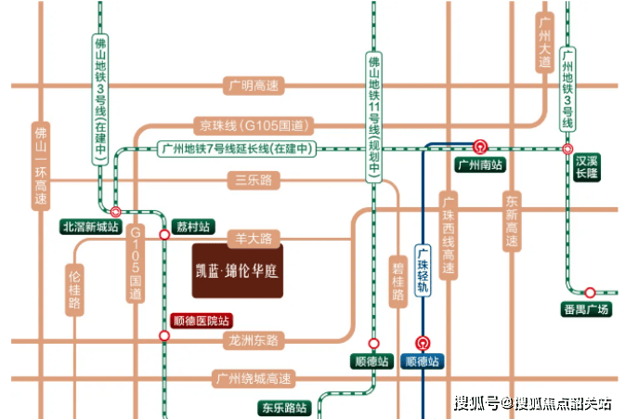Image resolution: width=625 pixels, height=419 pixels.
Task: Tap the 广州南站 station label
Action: [x=480, y=165]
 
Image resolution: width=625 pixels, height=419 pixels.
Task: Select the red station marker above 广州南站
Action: [x=480, y=146]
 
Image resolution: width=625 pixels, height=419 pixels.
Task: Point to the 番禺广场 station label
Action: [x=587, y=309]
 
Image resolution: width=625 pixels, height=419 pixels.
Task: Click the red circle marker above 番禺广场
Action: [x=590, y=292]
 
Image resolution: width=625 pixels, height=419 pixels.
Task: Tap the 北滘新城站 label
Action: [x=91, y=227]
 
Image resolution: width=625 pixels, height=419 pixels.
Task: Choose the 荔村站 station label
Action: [x=193, y=227]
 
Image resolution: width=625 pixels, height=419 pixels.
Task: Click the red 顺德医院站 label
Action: [x=201, y=321]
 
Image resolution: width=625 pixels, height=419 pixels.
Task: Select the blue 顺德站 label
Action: [x=423, y=361]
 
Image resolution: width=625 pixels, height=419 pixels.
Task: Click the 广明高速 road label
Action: [x=253, y=85]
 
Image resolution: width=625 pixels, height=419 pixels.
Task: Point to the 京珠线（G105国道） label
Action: [x=253, y=125]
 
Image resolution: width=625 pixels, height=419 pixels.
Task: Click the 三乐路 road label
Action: [x=253, y=180]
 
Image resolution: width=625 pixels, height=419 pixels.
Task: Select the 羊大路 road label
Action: [x=253, y=239]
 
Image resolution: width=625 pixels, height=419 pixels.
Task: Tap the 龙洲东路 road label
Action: [x=253, y=341]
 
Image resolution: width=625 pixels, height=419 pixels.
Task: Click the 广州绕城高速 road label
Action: [x=253, y=379]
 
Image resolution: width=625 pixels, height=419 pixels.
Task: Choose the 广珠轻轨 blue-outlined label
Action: [x=423, y=272]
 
